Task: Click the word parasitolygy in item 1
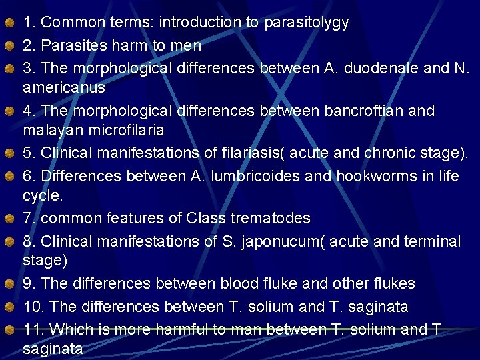coord(306,23)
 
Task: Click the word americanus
coord(64,88)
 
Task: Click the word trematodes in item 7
coord(270,218)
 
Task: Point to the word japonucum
coord(287,241)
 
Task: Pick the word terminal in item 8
coord(429,241)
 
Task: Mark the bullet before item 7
coord(9,219)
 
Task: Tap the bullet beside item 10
coord(9,307)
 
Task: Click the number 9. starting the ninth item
coord(30,284)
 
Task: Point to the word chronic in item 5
coord(391,153)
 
